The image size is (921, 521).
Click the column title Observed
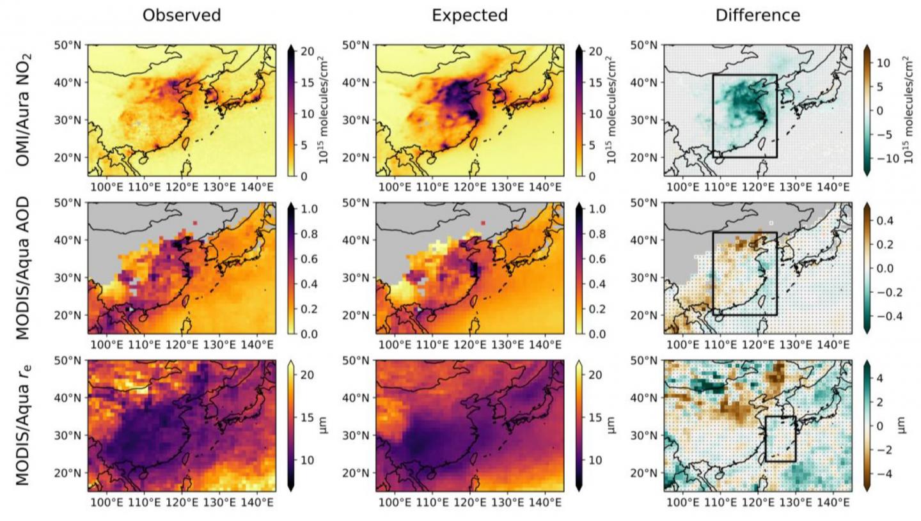coord(182,15)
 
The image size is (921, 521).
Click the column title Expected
coord(469,15)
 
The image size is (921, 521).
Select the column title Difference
coord(757,15)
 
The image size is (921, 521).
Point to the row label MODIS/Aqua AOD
coord(23,268)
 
